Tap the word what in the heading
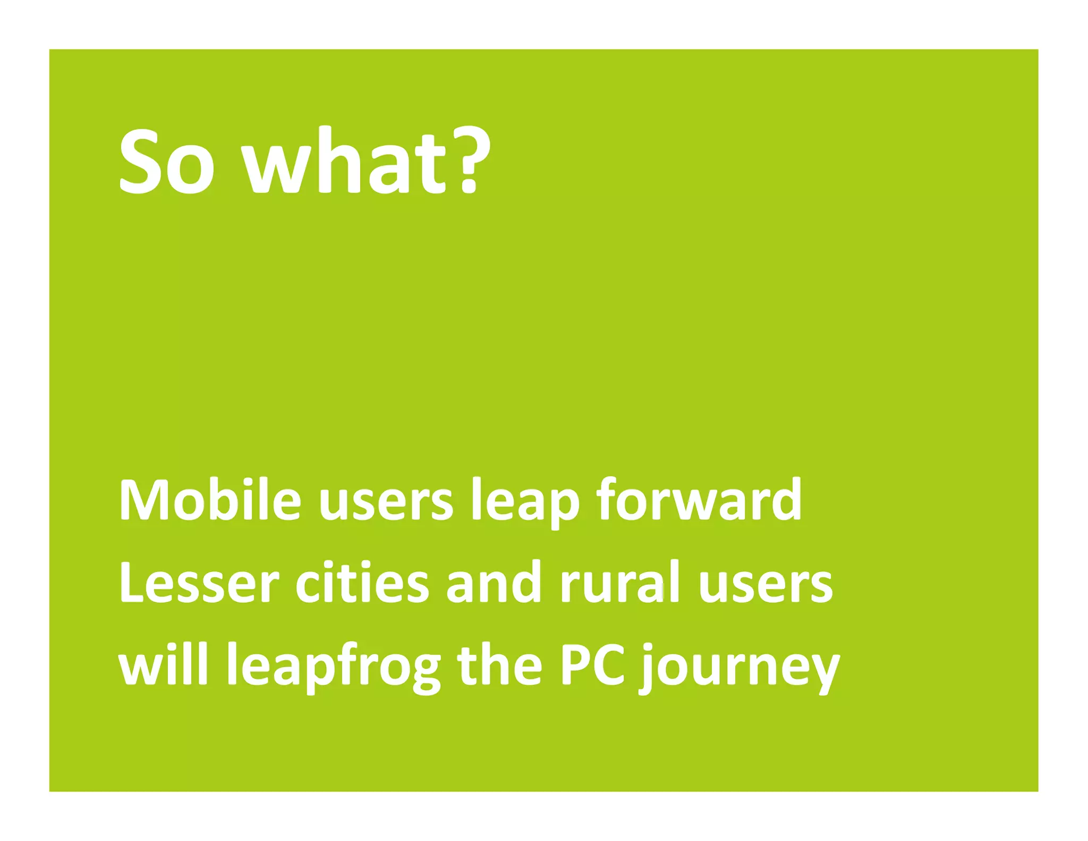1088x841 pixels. tap(344, 161)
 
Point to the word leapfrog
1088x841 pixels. tap(334, 667)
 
